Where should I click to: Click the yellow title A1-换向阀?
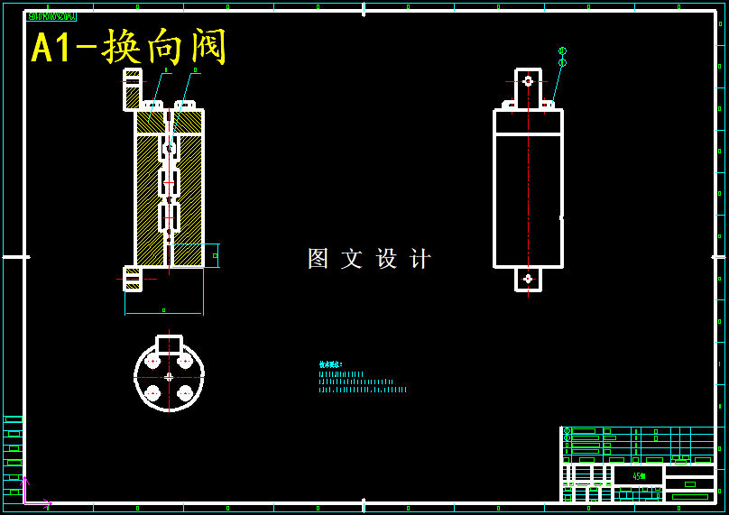click(128, 47)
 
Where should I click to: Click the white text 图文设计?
click(369, 259)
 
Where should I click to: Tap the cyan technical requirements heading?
click(330, 364)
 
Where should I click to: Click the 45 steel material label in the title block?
click(638, 476)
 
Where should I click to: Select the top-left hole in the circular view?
click(153, 362)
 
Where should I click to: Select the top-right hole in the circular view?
click(185, 362)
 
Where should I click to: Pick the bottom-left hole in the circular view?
click(153, 393)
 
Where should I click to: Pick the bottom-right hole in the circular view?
click(185, 393)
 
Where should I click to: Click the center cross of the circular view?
click(169, 377)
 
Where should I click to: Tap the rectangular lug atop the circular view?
click(169, 345)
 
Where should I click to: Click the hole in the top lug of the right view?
click(528, 81)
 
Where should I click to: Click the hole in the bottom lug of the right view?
click(528, 279)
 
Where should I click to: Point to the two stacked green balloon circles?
click(562, 57)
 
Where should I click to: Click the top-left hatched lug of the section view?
click(133, 89)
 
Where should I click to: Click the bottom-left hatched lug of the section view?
click(133, 279)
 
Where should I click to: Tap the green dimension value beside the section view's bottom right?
click(215, 255)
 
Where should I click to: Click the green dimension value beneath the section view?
click(163, 310)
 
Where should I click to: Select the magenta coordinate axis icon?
click(32, 494)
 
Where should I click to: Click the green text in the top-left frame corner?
click(51, 16)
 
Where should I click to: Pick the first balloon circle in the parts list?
click(568, 431)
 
